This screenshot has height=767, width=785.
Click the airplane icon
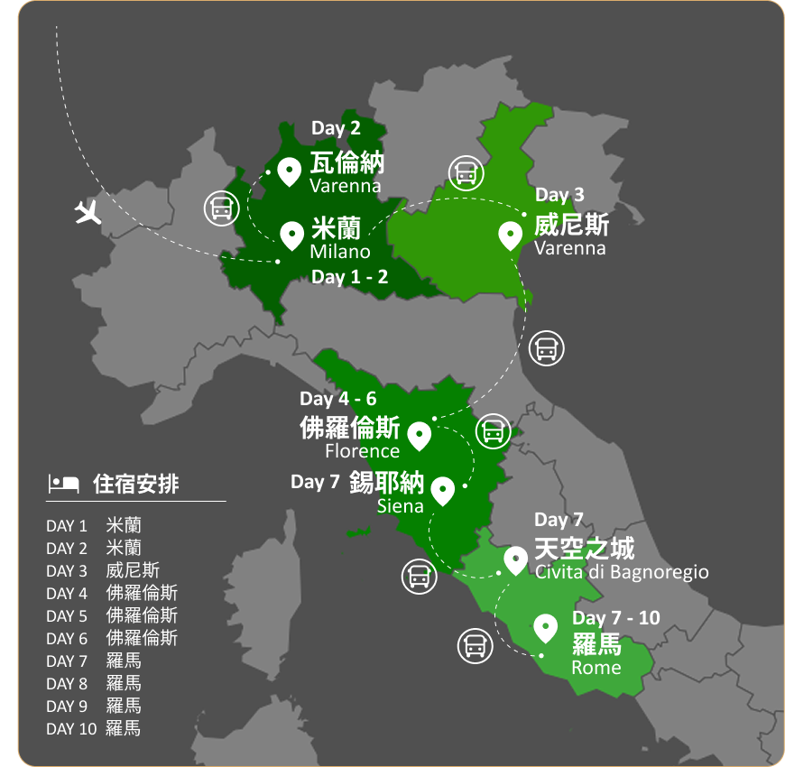coord(88,213)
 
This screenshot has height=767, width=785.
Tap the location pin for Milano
coord(291,235)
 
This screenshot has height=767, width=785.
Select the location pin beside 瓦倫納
coord(290,171)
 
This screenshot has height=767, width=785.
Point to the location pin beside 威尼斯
coord(511,236)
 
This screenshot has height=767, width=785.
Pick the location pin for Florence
coord(419,436)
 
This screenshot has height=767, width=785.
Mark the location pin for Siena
coord(442,490)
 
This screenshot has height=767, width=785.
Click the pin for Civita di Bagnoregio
coord(515,559)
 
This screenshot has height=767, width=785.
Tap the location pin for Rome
coord(545,626)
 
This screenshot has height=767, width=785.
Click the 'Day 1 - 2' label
coord(350,277)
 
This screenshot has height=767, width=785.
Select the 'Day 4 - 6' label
coord(338,399)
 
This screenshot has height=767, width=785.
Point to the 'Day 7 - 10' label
coord(616,618)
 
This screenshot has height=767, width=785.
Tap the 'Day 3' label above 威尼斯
coord(559,195)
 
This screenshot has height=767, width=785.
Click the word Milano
coord(340,252)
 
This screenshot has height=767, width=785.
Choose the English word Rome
coord(596,668)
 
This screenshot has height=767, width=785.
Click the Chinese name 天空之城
coord(585,548)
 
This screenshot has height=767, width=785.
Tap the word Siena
coord(401,506)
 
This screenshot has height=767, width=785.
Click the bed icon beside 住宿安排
coord(63,484)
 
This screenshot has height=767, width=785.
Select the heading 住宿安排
coord(136,485)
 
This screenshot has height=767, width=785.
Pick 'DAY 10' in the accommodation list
coord(71,728)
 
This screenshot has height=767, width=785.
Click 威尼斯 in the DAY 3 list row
coord(133,570)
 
